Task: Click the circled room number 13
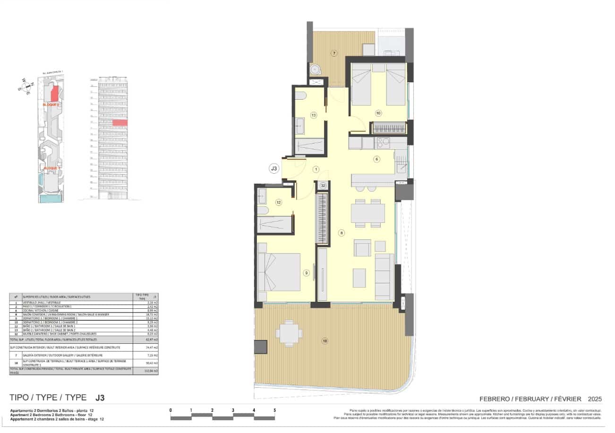pyautogui.click(x=313, y=115)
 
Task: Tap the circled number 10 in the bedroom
pyautogui.click(x=378, y=113)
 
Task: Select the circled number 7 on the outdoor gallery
pyautogui.click(x=334, y=53)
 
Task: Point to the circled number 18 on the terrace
pyautogui.click(x=325, y=341)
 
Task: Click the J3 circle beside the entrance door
pyautogui.click(x=273, y=168)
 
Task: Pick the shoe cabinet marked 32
pyautogui.click(x=323, y=186)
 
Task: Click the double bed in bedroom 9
pyautogui.click(x=280, y=272)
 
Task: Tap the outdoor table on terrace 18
pyautogui.click(x=289, y=332)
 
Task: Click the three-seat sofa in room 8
pyautogui.click(x=384, y=276)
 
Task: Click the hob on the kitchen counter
pyautogui.click(x=383, y=142)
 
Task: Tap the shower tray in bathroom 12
pyautogui.click(x=274, y=224)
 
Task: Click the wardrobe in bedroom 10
pyautogui.click(x=389, y=128)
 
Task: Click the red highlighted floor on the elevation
pyautogui.click(x=120, y=123)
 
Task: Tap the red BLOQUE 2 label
pyautogui.click(x=51, y=104)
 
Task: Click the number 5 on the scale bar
pyautogui.click(x=274, y=410)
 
